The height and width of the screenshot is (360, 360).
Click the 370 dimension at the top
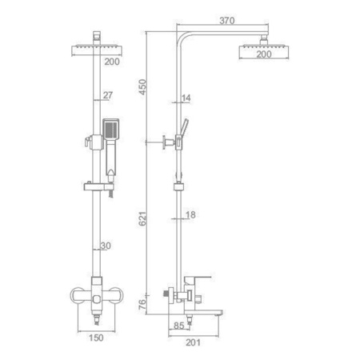[227, 21]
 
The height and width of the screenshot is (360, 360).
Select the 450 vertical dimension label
[142, 87]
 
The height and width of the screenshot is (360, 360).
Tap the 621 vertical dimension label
[142, 218]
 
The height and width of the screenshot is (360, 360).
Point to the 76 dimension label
[142, 304]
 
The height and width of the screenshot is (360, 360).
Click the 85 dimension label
[179, 326]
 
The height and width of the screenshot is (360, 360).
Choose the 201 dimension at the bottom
[193, 342]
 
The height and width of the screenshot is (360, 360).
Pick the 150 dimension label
[96, 338]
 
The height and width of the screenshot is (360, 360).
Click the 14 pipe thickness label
[186, 98]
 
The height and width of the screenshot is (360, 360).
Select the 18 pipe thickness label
[190, 214]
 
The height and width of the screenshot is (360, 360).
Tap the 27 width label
[108, 95]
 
